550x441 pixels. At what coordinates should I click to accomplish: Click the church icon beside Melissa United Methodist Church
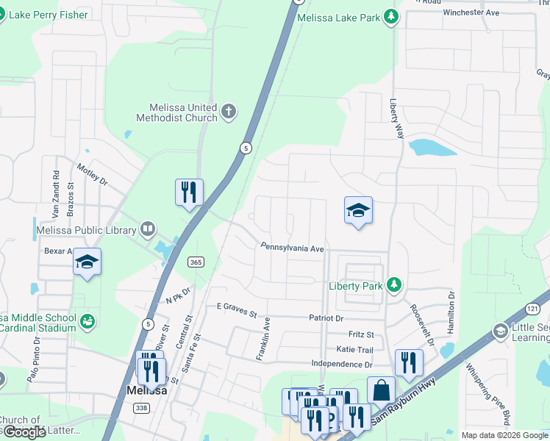point(229,112)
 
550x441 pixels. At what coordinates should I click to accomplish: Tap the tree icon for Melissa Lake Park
point(392,16)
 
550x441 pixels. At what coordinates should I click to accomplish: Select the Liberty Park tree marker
point(394,284)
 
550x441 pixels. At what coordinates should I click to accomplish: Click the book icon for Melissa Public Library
point(148,229)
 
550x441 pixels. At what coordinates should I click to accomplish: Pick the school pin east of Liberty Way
point(358,210)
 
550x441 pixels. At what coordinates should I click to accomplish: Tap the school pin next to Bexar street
point(87,262)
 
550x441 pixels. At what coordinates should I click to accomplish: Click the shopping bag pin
point(381,390)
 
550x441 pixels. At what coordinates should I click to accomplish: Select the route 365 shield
point(196,262)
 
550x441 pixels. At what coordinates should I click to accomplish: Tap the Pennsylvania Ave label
point(291,249)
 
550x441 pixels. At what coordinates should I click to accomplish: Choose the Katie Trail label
point(355,349)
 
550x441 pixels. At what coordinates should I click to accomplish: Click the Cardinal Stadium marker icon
point(87,320)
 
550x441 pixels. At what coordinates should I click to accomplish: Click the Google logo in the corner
point(24,432)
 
